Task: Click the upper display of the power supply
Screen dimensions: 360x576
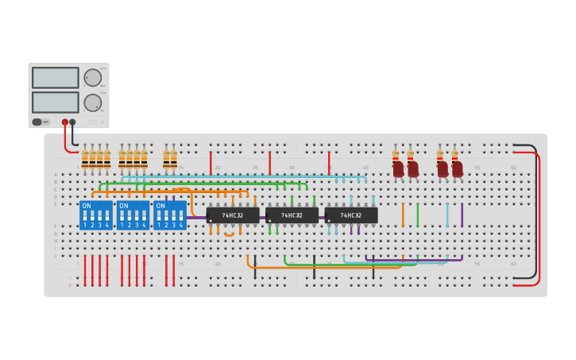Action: point(55,77)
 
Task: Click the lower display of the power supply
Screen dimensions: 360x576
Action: point(55,102)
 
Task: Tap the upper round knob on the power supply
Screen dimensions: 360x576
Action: point(92,77)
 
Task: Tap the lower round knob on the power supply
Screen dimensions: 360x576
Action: point(92,102)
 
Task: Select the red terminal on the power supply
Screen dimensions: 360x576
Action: point(65,122)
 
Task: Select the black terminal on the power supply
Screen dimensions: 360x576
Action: point(73,122)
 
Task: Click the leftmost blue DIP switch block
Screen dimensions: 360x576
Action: point(96,215)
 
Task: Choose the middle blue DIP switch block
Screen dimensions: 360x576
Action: point(133,215)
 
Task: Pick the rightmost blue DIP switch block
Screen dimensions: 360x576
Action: point(170,215)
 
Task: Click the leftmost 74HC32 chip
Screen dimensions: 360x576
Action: point(233,215)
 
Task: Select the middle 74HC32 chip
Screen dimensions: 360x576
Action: point(292,215)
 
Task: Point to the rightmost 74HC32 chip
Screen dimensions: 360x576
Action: point(350,215)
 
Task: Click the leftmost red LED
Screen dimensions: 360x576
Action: point(398,168)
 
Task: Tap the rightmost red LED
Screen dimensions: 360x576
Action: point(457,168)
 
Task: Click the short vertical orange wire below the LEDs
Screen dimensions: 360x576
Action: point(403,215)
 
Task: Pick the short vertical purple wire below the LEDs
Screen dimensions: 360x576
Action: point(462,215)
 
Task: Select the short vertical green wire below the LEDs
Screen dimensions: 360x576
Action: point(417,215)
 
